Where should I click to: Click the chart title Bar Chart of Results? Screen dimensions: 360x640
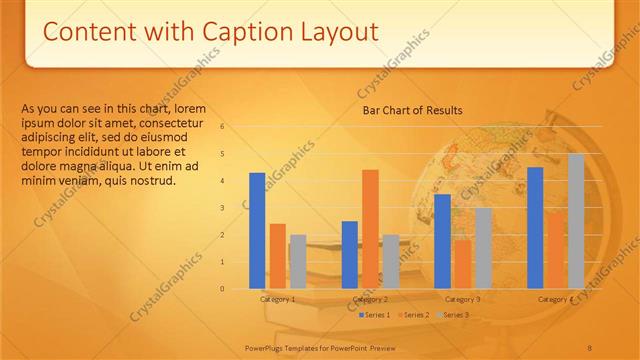(x=412, y=110)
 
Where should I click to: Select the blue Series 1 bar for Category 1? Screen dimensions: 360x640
(x=257, y=231)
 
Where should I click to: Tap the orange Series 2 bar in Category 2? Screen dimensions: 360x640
(x=370, y=229)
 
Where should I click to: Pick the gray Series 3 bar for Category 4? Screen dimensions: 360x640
(x=576, y=221)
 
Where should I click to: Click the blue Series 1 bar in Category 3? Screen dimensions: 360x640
(x=442, y=241)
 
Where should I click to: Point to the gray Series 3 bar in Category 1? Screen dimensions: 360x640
(x=297, y=262)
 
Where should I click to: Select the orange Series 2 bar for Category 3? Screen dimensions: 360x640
(x=462, y=264)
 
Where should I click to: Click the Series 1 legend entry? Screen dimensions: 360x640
(x=376, y=315)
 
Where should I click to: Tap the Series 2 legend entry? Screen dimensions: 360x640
(x=415, y=315)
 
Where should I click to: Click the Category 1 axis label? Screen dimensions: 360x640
(x=277, y=299)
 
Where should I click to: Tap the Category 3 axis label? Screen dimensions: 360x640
(x=462, y=299)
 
